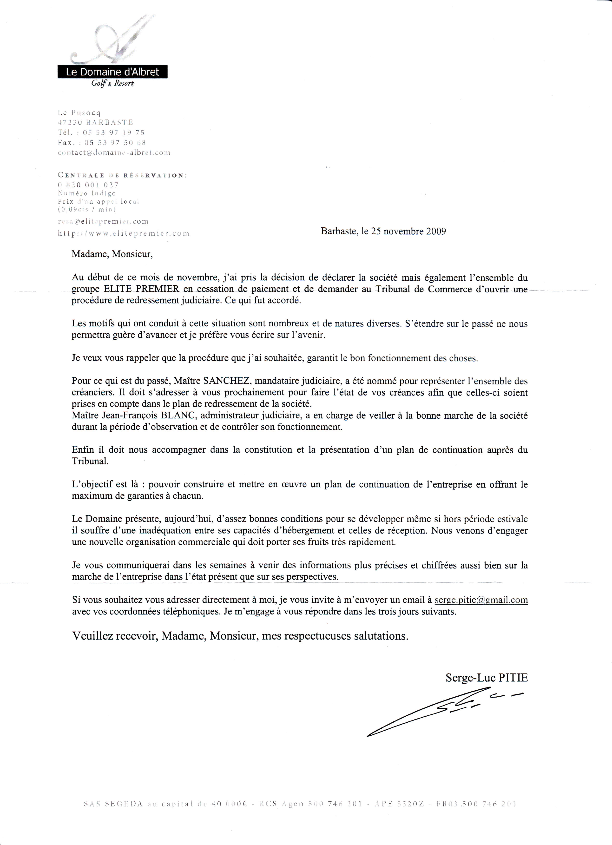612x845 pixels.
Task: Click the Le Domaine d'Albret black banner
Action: coord(112,72)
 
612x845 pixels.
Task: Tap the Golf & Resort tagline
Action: coord(112,83)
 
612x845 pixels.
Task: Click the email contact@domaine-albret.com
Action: coord(114,152)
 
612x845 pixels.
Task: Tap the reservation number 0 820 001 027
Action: coord(88,185)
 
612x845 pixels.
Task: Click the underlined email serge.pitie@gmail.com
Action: coord(481,600)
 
